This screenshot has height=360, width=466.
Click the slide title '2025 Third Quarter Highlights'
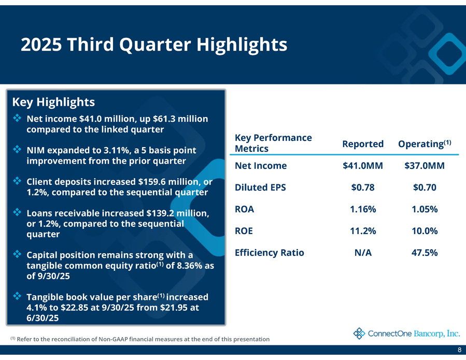click(x=154, y=45)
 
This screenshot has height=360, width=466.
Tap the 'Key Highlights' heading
click(x=53, y=101)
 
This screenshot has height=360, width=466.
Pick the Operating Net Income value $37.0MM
click(x=425, y=166)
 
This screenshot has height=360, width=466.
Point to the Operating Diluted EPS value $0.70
click(x=425, y=188)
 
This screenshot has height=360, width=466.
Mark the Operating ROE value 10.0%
click(x=425, y=231)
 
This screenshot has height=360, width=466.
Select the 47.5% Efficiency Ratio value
click(x=425, y=253)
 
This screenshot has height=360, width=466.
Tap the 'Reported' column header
click(x=363, y=143)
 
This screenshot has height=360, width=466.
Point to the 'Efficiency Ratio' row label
click(x=270, y=253)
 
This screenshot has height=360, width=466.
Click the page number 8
click(x=460, y=351)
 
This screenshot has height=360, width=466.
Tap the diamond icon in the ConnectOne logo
click(x=359, y=333)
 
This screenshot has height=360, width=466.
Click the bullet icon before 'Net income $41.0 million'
click(x=17, y=118)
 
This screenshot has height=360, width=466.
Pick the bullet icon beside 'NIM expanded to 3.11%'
click(x=17, y=150)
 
